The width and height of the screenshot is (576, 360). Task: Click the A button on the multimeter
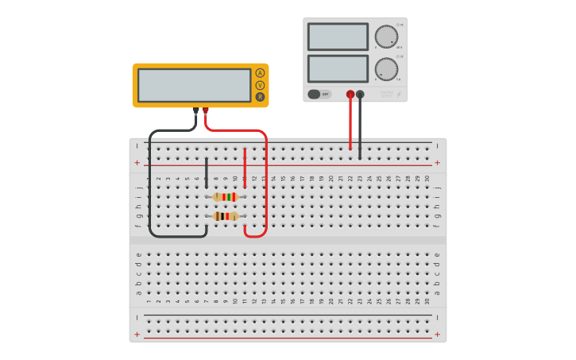(260, 73)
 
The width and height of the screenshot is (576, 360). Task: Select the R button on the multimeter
(260, 97)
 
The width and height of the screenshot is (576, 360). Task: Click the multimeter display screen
(195, 85)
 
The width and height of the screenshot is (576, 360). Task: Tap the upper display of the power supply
(338, 37)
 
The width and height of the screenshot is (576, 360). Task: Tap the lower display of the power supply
(338, 68)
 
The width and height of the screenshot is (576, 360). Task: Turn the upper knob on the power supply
(386, 37)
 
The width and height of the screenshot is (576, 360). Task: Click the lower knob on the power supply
(386, 69)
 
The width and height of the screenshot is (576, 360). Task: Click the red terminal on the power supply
(350, 95)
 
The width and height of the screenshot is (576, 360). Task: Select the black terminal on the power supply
(361, 95)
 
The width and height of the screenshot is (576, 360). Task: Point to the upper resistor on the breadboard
(226, 196)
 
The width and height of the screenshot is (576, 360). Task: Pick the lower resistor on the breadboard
(226, 215)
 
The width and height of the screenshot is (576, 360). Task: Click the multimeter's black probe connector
(195, 111)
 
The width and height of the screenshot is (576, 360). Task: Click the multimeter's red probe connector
(206, 111)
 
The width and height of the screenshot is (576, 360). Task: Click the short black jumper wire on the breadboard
(207, 171)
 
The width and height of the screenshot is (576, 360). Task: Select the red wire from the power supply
(350, 123)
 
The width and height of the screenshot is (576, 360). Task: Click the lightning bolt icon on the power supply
(399, 95)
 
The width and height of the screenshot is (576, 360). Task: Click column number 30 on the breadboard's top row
(427, 178)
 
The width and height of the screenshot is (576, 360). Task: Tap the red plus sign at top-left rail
(137, 163)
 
